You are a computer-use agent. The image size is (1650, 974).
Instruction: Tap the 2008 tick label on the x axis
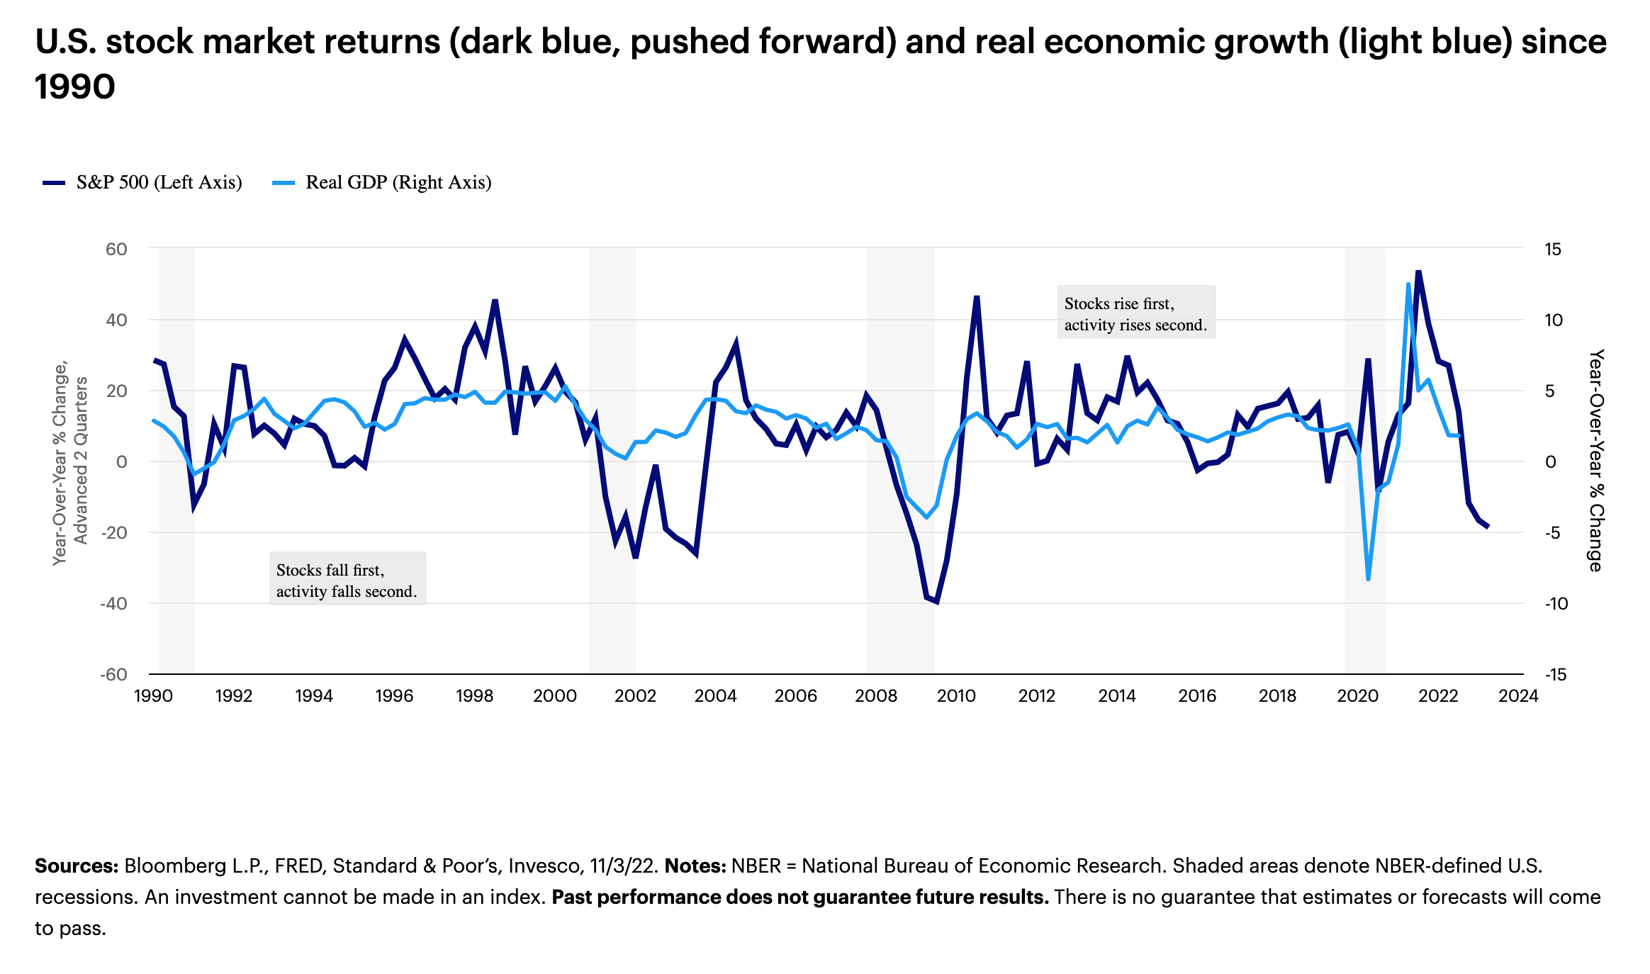(x=875, y=695)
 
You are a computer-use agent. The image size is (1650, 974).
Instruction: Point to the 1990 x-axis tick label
(x=153, y=695)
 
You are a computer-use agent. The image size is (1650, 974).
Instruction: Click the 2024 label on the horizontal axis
(x=1517, y=695)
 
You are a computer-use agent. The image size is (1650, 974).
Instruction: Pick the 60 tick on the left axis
(x=116, y=249)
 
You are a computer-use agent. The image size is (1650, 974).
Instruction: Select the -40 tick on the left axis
(x=113, y=603)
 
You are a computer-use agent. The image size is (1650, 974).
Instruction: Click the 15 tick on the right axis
(x=1553, y=249)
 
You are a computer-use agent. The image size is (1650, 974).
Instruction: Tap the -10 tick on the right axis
(x=1556, y=603)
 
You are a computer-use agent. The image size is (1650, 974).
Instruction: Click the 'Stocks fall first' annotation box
(x=347, y=579)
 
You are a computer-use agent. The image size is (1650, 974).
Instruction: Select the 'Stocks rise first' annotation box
(x=1135, y=313)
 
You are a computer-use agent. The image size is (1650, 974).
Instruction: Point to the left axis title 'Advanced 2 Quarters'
(x=82, y=461)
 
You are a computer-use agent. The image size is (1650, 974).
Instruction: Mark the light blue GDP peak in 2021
(x=1408, y=284)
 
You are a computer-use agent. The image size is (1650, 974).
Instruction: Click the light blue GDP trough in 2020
(x=1368, y=579)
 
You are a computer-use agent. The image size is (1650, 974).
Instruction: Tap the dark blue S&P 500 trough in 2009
(x=936, y=602)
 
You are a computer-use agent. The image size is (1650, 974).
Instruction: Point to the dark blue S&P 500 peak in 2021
(x=1418, y=271)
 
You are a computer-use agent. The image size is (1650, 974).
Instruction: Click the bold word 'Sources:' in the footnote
(x=77, y=866)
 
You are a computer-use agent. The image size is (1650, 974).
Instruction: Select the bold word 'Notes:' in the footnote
(x=695, y=866)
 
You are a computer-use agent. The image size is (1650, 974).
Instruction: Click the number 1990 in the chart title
(x=75, y=87)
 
